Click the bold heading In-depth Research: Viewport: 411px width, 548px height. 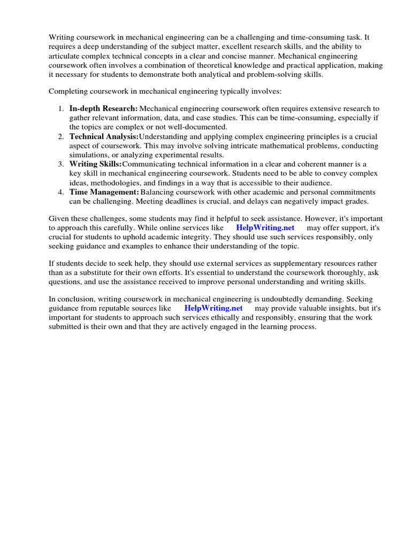coord(103,109)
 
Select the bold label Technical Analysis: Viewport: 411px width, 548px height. coord(104,136)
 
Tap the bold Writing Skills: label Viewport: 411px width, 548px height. coord(95,164)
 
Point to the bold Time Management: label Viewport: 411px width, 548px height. coord(104,192)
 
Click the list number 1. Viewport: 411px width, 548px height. coord(61,109)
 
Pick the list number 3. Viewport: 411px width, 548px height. coord(61,164)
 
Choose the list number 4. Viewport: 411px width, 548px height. coord(61,192)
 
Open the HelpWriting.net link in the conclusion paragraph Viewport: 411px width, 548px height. coord(214,308)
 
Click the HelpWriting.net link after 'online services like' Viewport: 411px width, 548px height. coord(265,227)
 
